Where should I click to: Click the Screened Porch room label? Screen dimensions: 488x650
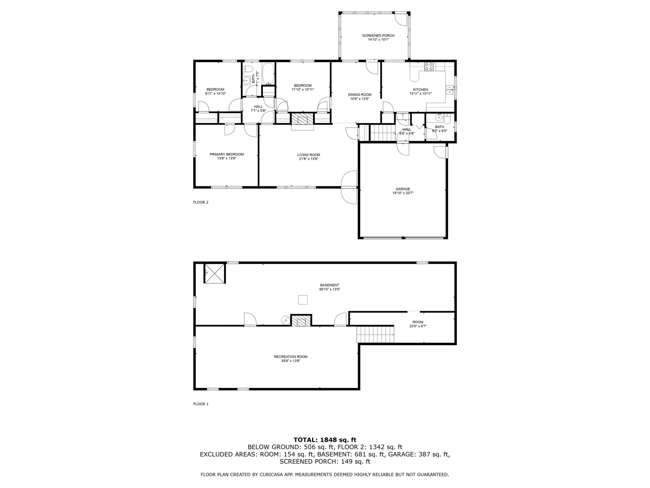point(378,36)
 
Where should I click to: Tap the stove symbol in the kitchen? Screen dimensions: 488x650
point(429,67)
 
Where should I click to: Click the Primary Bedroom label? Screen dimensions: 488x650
point(226,155)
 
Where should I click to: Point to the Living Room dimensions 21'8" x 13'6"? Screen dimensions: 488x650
point(308,159)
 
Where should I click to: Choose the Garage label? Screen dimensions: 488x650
point(403,189)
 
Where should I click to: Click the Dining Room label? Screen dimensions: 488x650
point(360,95)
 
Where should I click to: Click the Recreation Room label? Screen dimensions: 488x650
point(291,357)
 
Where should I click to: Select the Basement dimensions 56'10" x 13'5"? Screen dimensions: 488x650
point(330,289)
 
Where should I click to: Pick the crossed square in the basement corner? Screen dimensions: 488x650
point(215,273)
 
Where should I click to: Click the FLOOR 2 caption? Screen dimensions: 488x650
point(201,202)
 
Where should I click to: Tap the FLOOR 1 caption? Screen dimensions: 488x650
point(201,404)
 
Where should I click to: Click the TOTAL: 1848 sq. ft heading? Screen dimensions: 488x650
point(325,440)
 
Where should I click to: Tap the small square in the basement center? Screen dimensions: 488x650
point(303,300)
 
